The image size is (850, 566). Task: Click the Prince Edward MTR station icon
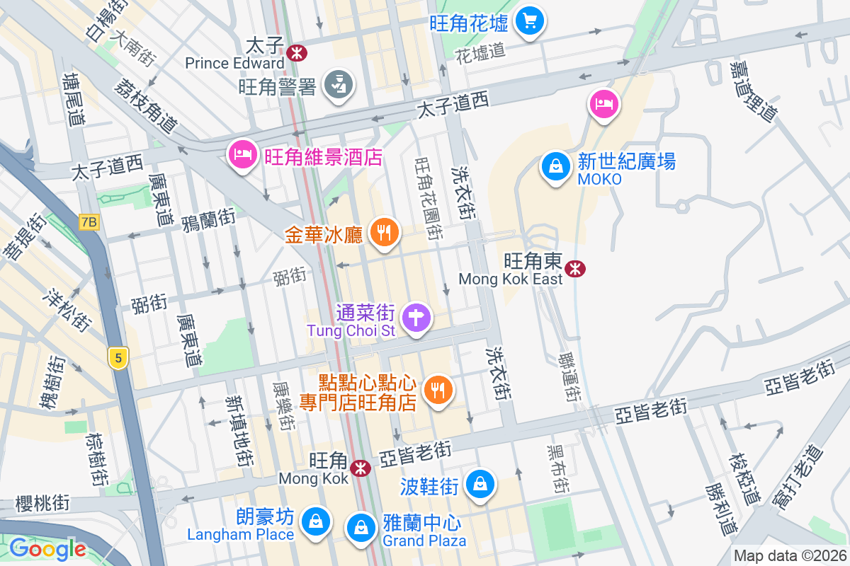[297, 51]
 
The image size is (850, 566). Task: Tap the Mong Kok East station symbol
[575, 268]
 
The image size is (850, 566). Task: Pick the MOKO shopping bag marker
[556, 167]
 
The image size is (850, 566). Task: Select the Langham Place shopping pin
[313, 522]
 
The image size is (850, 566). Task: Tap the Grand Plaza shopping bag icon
[361, 527]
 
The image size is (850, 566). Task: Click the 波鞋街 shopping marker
[480, 485]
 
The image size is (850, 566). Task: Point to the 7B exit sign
[89, 222]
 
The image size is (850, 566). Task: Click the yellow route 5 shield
[118, 359]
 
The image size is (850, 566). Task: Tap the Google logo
[47, 548]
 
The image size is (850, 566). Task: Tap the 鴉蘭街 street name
[208, 216]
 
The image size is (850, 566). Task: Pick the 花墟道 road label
[481, 50]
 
